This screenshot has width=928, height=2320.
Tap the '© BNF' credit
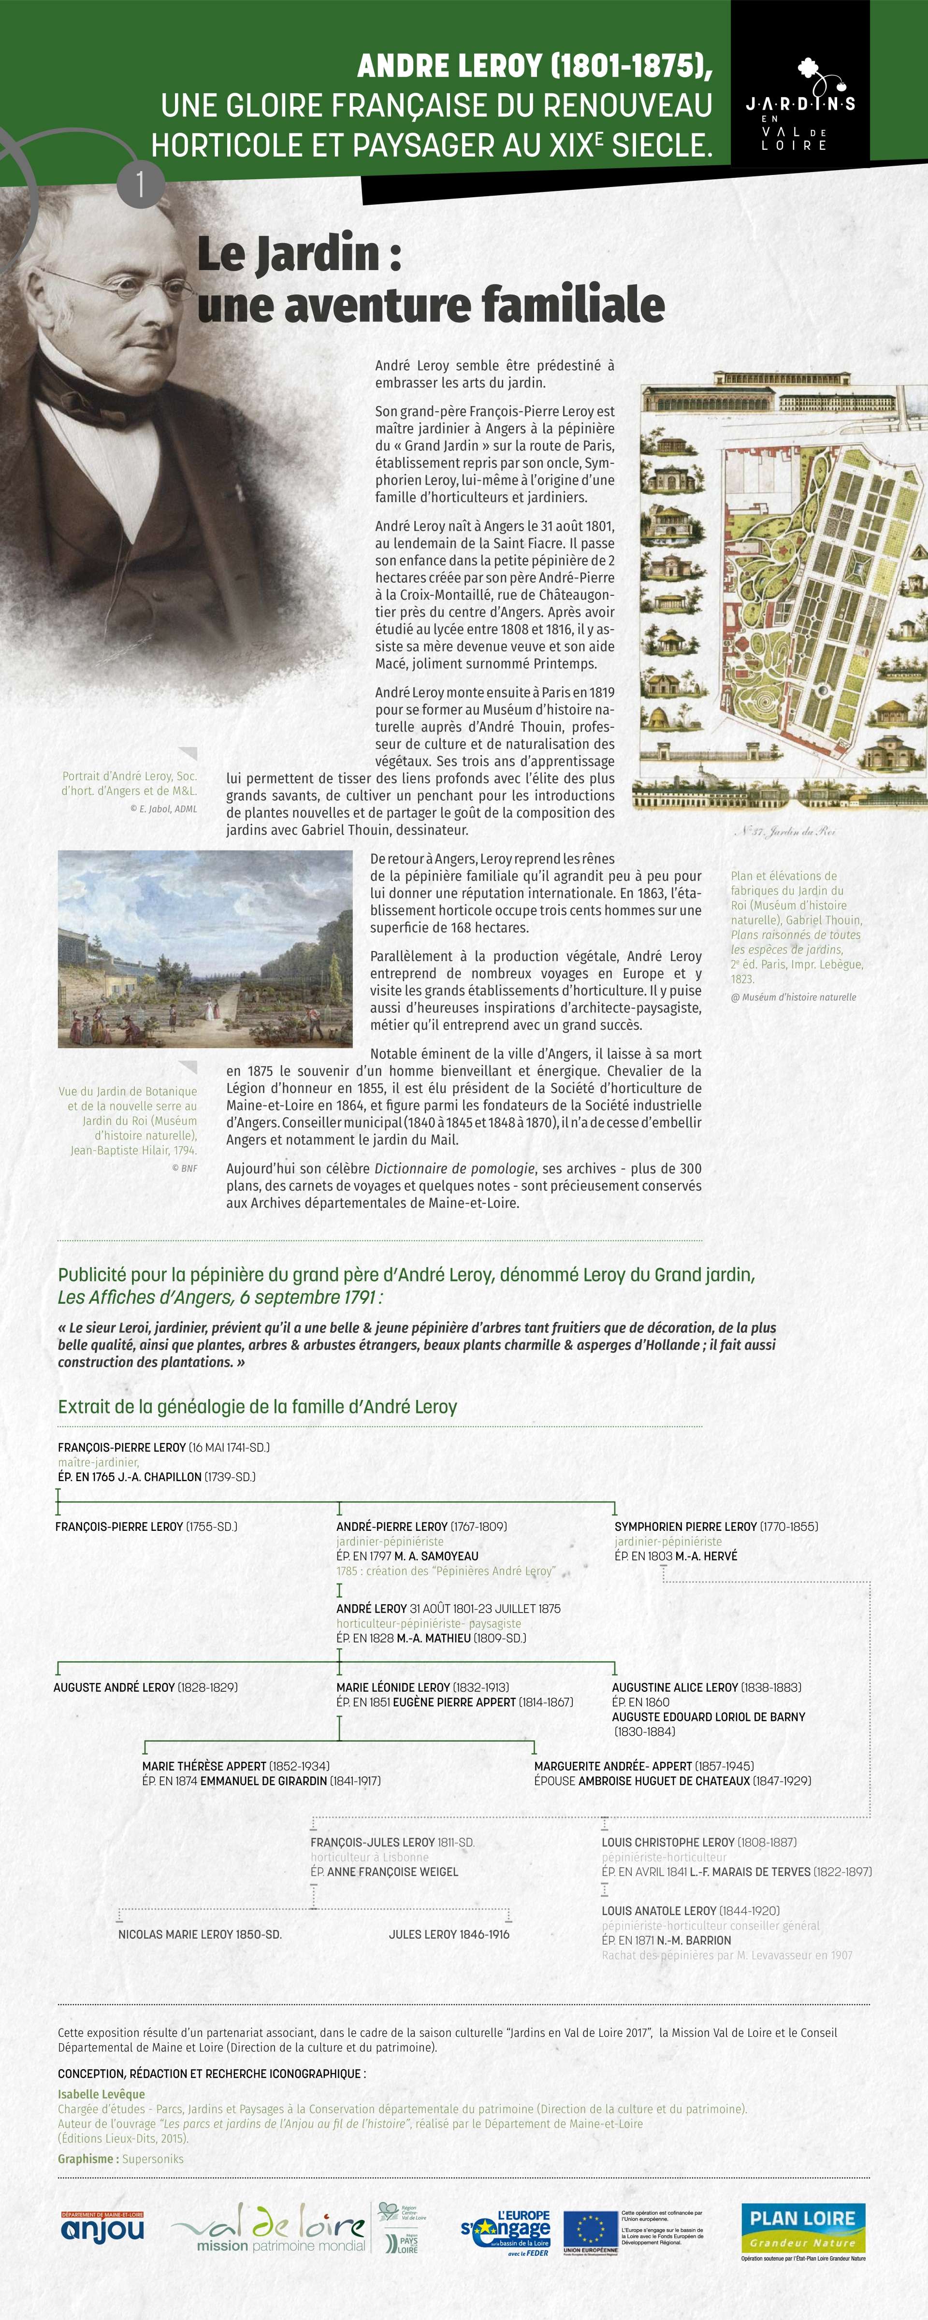(185, 1168)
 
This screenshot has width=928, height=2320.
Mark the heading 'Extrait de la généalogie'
(257, 1407)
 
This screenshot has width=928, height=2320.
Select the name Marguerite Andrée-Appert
(613, 1766)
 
